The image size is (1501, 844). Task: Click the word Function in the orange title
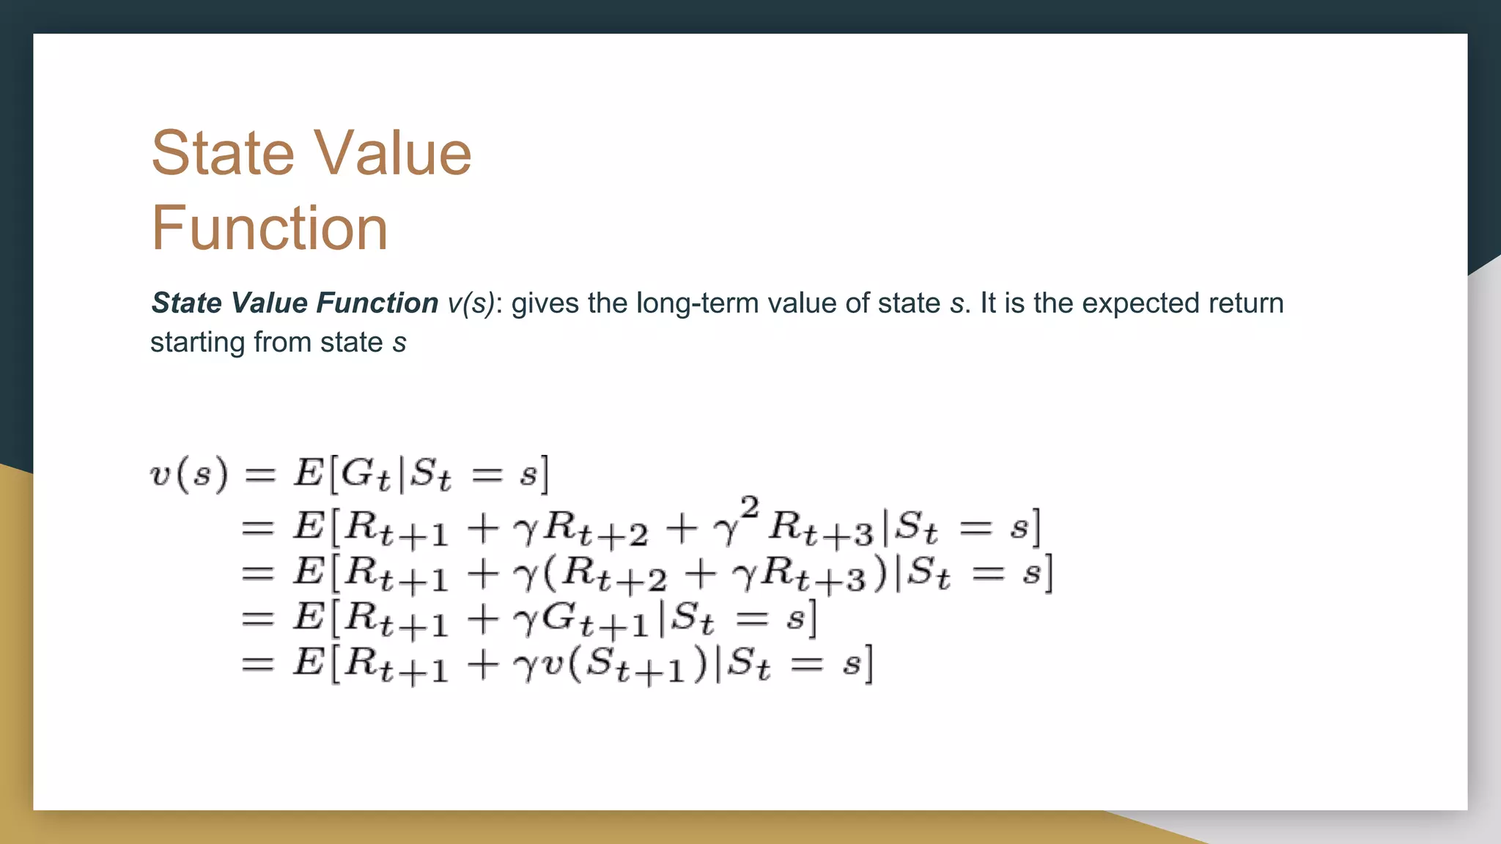(269, 228)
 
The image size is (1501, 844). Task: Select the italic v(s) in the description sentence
(471, 303)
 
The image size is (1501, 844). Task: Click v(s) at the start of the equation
(189, 474)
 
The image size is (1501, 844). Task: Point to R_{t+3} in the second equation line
(822, 529)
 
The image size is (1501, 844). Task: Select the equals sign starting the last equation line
(257, 665)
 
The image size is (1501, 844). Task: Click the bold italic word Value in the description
(268, 303)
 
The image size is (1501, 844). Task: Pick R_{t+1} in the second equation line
(396, 529)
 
